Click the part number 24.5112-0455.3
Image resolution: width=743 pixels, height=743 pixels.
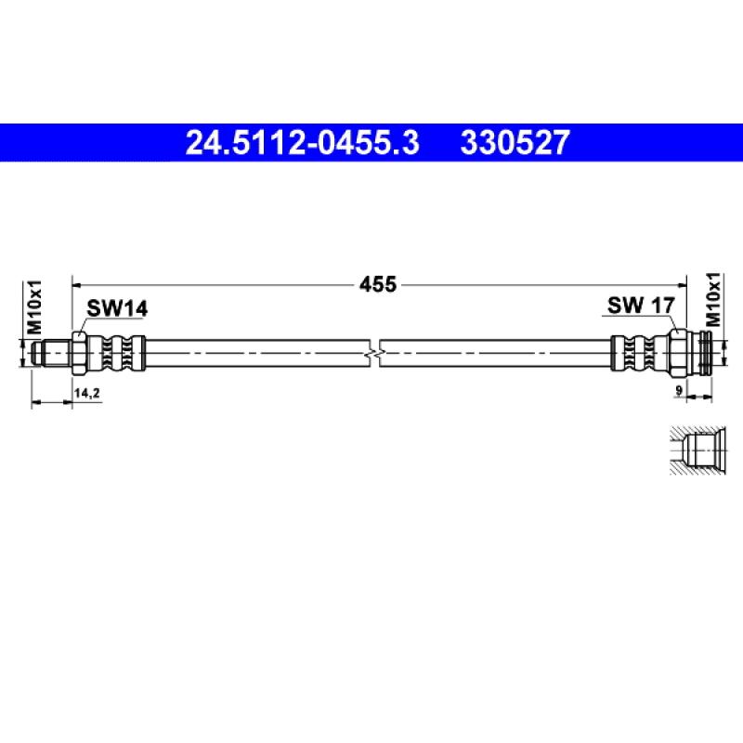(303, 143)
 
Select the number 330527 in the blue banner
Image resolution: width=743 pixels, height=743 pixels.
(515, 143)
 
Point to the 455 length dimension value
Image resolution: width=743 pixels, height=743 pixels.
(378, 285)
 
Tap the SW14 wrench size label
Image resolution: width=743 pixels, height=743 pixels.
(117, 308)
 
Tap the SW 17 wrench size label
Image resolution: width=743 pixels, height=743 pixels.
(641, 306)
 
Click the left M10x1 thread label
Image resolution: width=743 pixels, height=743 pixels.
(34, 307)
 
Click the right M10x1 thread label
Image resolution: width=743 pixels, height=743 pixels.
(713, 299)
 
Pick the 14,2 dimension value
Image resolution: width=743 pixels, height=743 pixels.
(86, 393)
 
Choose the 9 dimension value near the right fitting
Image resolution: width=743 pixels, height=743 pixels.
(679, 390)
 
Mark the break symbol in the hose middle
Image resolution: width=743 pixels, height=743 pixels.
(375, 354)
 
